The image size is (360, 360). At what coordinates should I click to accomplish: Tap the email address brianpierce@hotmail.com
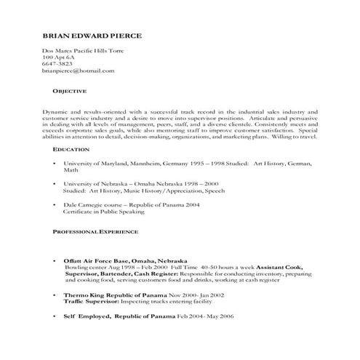point(79,71)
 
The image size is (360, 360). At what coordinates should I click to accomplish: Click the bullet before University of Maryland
point(55,164)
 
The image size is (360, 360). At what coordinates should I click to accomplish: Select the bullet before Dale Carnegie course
point(55,206)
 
